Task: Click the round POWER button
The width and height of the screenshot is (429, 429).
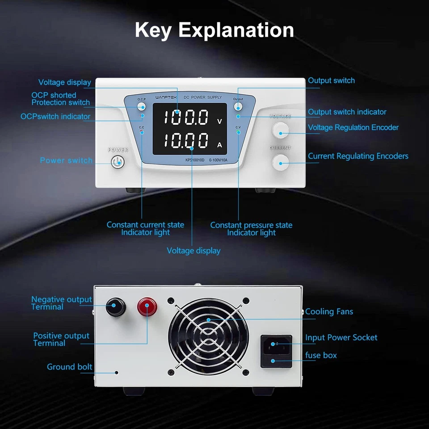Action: pyautogui.click(x=118, y=162)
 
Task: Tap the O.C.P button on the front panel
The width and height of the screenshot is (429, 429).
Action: pyautogui.click(x=142, y=106)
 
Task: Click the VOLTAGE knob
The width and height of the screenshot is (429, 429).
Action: pyautogui.click(x=281, y=129)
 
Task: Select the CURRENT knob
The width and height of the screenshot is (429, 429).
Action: pyautogui.click(x=281, y=161)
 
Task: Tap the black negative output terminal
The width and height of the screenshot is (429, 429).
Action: pyautogui.click(x=115, y=307)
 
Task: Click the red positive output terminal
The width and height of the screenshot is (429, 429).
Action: pyautogui.click(x=147, y=307)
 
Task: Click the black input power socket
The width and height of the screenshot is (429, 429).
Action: pyautogui.click(x=276, y=345)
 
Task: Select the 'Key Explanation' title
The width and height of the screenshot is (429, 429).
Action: pyautogui.click(x=214, y=30)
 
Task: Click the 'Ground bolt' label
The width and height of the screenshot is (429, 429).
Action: pyautogui.click(x=69, y=367)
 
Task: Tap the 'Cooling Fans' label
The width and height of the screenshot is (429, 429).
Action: pyautogui.click(x=329, y=311)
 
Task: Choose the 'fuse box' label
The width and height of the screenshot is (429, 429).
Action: pyautogui.click(x=321, y=355)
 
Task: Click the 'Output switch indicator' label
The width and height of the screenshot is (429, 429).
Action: pyautogui.click(x=347, y=112)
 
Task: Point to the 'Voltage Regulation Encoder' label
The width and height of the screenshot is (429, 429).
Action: pyautogui.click(x=353, y=127)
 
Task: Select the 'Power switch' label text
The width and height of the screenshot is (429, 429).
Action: pyautogui.click(x=66, y=160)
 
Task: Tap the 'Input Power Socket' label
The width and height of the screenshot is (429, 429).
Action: pyautogui.click(x=341, y=337)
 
